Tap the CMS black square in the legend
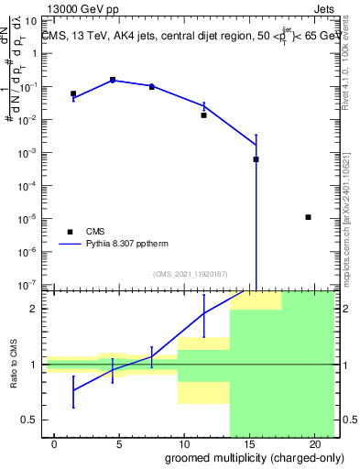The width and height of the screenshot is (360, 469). pos(70,232)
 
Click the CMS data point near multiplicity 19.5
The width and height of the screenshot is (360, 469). pos(309,217)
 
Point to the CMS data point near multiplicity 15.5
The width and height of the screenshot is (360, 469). pos(256,159)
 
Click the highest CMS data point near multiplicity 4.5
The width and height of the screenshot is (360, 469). pos(113,81)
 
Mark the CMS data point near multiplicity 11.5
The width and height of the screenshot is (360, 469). pos(204,115)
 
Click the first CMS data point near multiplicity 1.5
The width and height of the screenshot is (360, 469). pos(73,93)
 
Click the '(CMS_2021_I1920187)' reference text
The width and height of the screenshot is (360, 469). pos(191,274)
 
